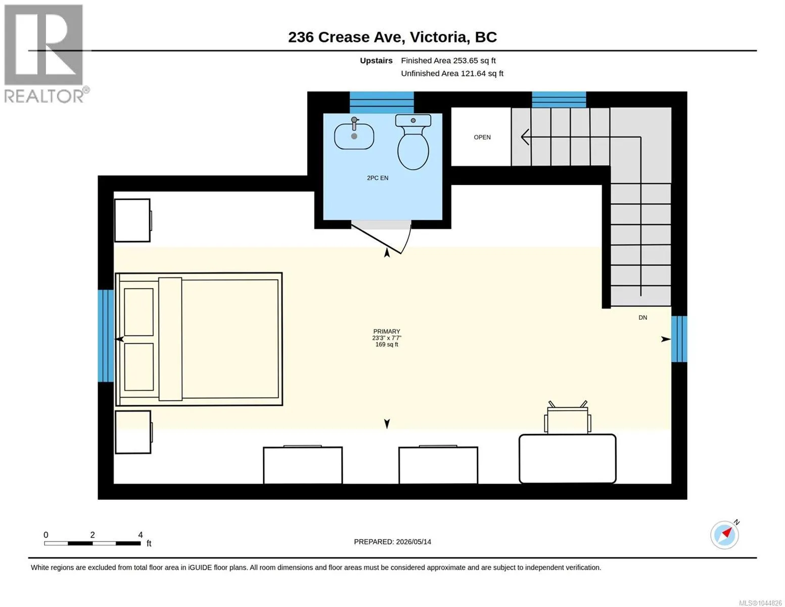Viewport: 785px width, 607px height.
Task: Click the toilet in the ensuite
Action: pyautogui.click(x=413, y=142)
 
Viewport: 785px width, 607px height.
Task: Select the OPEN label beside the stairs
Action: pyautogui.click(x=482, y=138)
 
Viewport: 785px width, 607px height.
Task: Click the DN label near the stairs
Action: pyautogui.click(x=642, y=318)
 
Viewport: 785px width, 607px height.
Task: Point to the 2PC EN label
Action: pyautogui.click(x=378, y=178)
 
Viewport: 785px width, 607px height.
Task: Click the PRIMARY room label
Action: pyautogui.click(x=387, y=331)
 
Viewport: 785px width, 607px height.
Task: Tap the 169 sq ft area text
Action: pyautogui.click(x=387, y=344)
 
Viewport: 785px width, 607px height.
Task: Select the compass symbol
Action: pyautogui.click(x=725, y=535)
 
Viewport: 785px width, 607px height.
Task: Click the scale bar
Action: pyautogui.click(x=93, y=543)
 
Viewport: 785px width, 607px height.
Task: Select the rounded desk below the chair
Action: pyautogui.click(x=568, y=459)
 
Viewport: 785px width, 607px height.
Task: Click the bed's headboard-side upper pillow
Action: pyautogui.click(x=138, y=313)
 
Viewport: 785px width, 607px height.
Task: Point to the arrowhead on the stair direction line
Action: pyautogui.click(x=525, y=137)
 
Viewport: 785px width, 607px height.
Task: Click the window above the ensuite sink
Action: pyautogui.click(x=382, y=103)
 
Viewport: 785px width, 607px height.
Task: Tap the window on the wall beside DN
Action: pyautogui.click(x=679, y=339)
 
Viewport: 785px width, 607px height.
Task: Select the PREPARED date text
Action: pyautogui.click(x=392, y=542)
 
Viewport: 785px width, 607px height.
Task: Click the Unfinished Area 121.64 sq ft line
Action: pyautogui.click(x=452, y=74)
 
